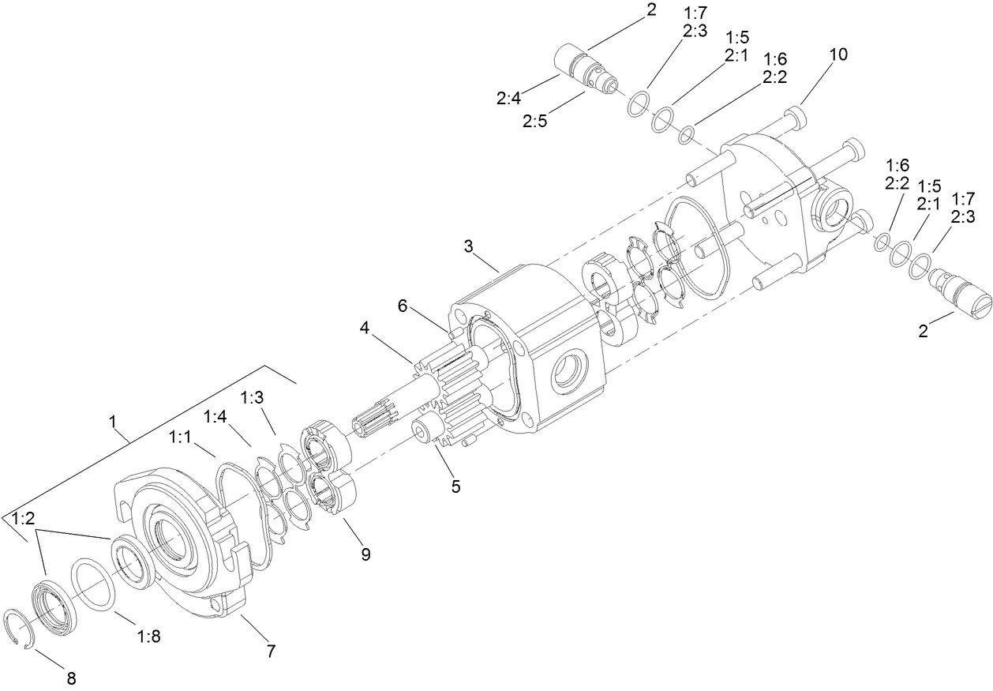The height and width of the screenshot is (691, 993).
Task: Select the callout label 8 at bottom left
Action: pos(70,677)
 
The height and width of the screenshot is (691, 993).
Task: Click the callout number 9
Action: pos(365,554)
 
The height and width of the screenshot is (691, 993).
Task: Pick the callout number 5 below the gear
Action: pos(455,486)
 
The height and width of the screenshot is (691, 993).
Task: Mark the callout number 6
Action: pos(403,306)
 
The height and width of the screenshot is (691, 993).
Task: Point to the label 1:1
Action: pos(180,436)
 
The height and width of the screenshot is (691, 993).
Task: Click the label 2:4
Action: pos(508,99)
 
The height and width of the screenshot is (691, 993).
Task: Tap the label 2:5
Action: pos(534,122)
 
